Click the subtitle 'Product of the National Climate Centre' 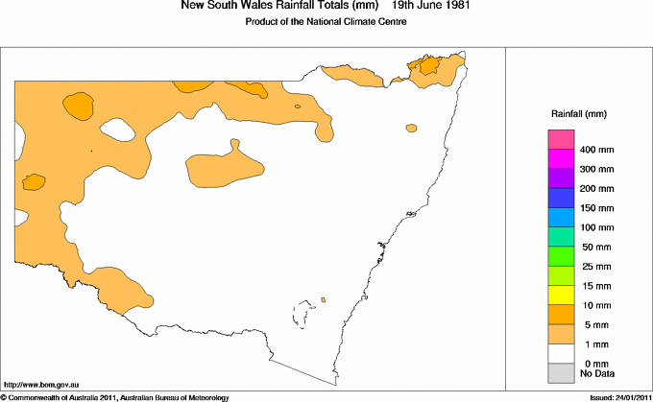(x=326, y=21)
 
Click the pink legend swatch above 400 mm (x=560, y=139)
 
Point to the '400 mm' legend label (x=596, y=150)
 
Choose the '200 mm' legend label (x=596, y=189)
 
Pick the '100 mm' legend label (x=596, y=227)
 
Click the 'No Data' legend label (x=597, y=372)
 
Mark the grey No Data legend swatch (x=560, y=372)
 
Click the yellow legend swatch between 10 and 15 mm (x=560, y=295)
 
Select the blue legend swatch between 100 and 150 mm (x=560, y=217)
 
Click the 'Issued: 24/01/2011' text (x=615, y=396)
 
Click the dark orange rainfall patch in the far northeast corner (x=425, y=65)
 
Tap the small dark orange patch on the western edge (x=34, y=181)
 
